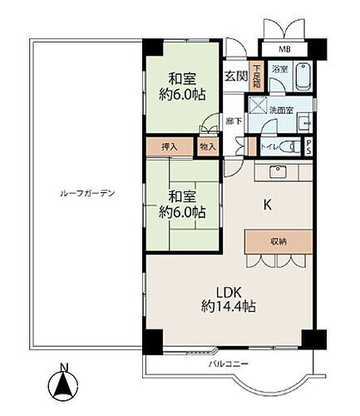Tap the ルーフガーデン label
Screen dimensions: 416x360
click(86, 193)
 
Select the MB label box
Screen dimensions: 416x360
click(284, 48)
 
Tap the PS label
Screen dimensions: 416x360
click(309, 146)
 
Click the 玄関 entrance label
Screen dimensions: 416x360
click(235, 76)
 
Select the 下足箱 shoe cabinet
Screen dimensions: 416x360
click(257, 80)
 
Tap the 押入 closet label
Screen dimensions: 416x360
click(170, 146)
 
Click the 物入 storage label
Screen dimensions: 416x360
click(208, 146)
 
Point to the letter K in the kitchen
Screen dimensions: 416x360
click(269, 203)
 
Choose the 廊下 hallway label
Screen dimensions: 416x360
click(234, 121)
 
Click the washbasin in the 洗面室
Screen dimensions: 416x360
click(303, 117)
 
